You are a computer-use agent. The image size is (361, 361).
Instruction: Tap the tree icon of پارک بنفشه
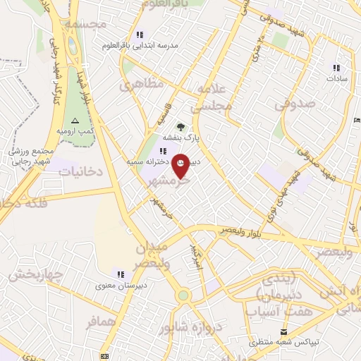[x=181, y=128]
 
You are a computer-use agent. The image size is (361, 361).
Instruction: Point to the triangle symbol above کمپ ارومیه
[x=75, y=121]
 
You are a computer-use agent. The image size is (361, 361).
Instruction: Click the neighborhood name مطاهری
[x=142, y=84]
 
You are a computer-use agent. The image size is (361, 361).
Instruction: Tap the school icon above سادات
[x=336, y=68]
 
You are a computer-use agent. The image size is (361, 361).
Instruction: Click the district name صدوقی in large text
[x=292, y=104]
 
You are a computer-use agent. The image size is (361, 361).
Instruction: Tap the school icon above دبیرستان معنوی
[x=121, y=274]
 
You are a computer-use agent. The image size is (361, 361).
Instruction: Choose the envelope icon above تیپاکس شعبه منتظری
[x=284, y=331]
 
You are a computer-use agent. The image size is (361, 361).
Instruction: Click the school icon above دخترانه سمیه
[x=163, y=151]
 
